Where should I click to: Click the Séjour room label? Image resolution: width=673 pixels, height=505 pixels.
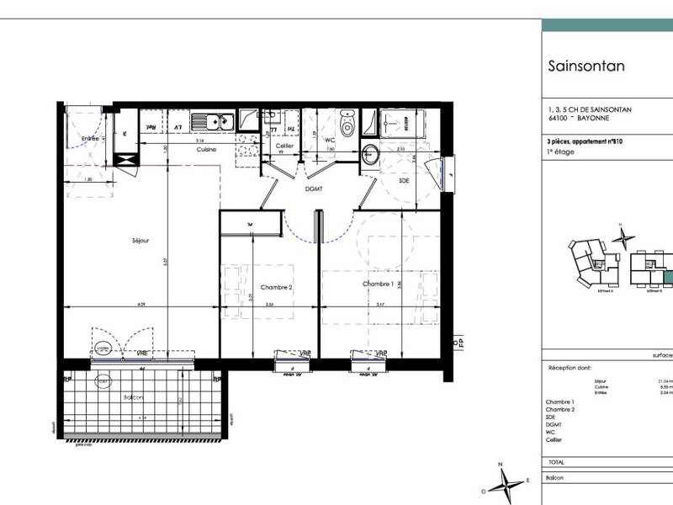coord(140,241)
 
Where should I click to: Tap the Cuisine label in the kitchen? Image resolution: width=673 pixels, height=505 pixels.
coord(206,149)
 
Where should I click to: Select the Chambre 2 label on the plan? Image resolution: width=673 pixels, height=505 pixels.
coord(276,287)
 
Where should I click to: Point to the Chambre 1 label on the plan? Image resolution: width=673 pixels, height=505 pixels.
coord(379,284)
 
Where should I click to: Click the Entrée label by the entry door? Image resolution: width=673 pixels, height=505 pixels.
coord(91,138)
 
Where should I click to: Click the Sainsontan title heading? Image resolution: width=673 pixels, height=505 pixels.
coord(586,66)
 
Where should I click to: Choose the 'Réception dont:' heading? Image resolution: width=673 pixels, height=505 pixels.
coord(570,369)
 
